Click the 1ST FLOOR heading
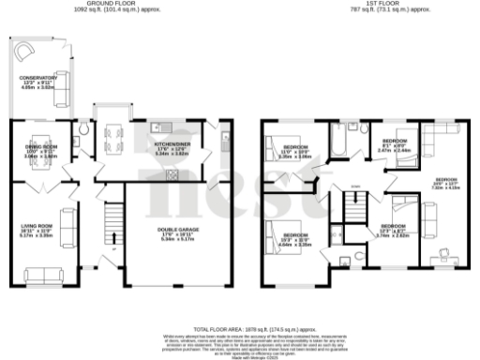coord(367,5)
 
